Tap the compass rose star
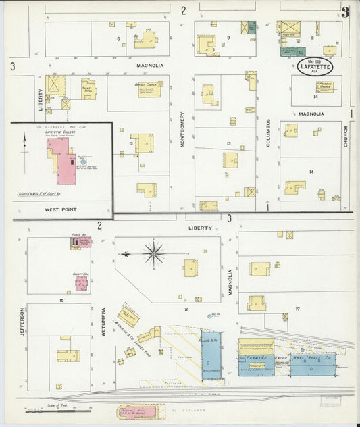point(155,254)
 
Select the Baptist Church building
point(149,89)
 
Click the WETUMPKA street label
point(103,322)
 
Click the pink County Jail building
point(81,282)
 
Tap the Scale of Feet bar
point(57,409)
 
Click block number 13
point(229,144)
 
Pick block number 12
point(130,143)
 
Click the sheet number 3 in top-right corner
point(345,11)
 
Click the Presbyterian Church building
point(327,86)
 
